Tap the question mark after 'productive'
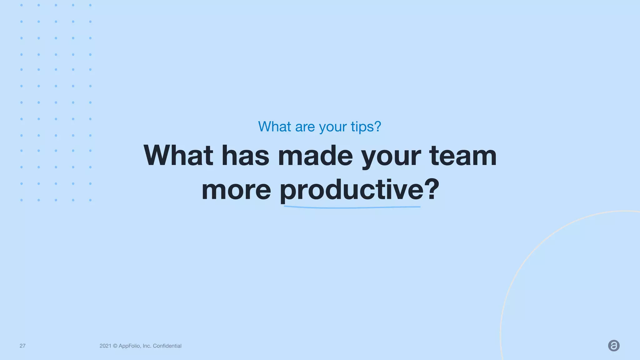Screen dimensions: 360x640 coord(432,189)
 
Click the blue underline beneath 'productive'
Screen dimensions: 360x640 coord(352,207)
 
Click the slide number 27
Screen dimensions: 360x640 coord(22,346)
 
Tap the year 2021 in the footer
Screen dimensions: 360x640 coord(105,346)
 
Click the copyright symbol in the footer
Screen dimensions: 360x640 coord(115,346)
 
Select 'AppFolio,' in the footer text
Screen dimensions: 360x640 coord(130,346)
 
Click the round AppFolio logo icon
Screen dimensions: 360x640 coord(614,346)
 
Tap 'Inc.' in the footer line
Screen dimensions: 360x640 coord(147,346)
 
